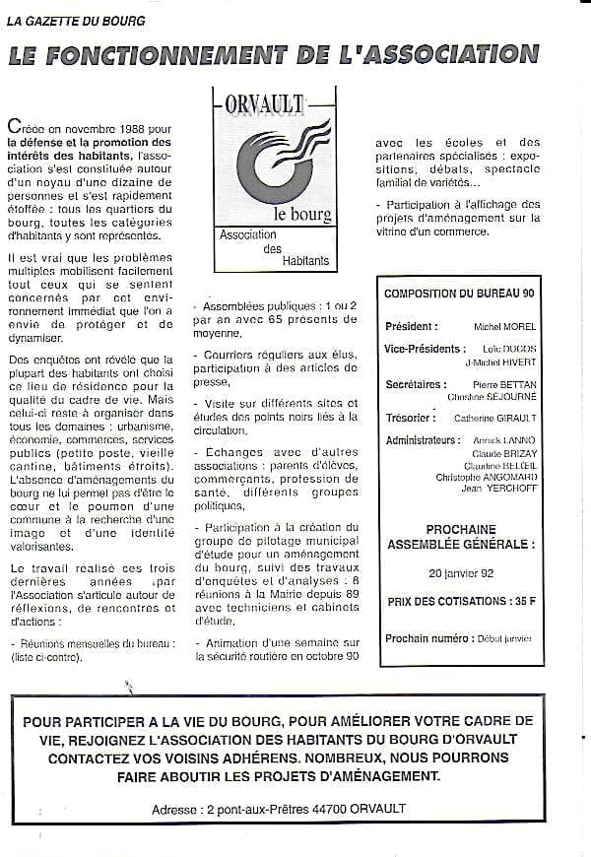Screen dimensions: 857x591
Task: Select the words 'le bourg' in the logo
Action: (301, 215)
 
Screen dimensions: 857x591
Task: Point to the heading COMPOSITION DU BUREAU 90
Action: (458, 294)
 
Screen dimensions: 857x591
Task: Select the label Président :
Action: (411, 326)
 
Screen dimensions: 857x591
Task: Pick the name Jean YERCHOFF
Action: (495, 490)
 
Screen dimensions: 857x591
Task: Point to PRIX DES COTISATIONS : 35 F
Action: (461, 601)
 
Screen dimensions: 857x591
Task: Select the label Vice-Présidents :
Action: (425, 349)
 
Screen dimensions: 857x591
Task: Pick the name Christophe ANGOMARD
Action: (487, 478)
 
